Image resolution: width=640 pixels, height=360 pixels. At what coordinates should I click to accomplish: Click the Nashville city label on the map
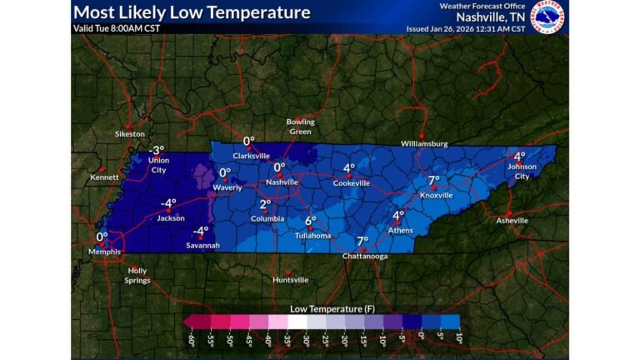click(282, 182)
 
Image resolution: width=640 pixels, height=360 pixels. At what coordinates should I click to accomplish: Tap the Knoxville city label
click(436, 195)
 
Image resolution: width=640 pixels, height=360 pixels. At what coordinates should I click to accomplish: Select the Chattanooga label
click(363, 257)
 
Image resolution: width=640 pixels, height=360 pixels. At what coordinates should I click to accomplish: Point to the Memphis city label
click(105, 252)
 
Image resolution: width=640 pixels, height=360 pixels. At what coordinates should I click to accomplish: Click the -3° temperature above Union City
click(157, 149)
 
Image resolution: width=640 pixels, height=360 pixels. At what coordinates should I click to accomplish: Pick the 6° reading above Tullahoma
click(311, 221)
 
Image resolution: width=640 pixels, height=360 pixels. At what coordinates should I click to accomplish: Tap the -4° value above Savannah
click(201, 231)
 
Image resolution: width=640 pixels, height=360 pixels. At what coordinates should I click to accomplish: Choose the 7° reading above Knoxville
click(433, 180)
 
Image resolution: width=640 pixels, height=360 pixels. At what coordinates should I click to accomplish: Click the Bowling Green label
click(301, 126)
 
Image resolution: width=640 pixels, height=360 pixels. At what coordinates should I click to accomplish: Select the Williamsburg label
click(424, 143)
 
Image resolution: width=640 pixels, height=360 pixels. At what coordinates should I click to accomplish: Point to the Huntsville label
click(290, 280)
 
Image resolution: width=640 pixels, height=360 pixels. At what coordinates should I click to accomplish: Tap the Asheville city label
click(512, 221)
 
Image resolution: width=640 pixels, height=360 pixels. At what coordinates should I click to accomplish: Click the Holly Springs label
click(137, 275)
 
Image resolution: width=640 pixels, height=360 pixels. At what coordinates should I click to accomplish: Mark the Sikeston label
click(130, 133)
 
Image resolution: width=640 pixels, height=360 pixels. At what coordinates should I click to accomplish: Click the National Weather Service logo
click(548, 17)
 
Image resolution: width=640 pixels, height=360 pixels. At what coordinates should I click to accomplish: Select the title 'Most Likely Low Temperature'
click(192, 12)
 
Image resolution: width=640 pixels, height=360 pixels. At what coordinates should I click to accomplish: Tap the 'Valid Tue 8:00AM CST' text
click(117, 27)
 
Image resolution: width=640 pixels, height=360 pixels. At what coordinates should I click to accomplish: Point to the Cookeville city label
click(351, 182)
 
